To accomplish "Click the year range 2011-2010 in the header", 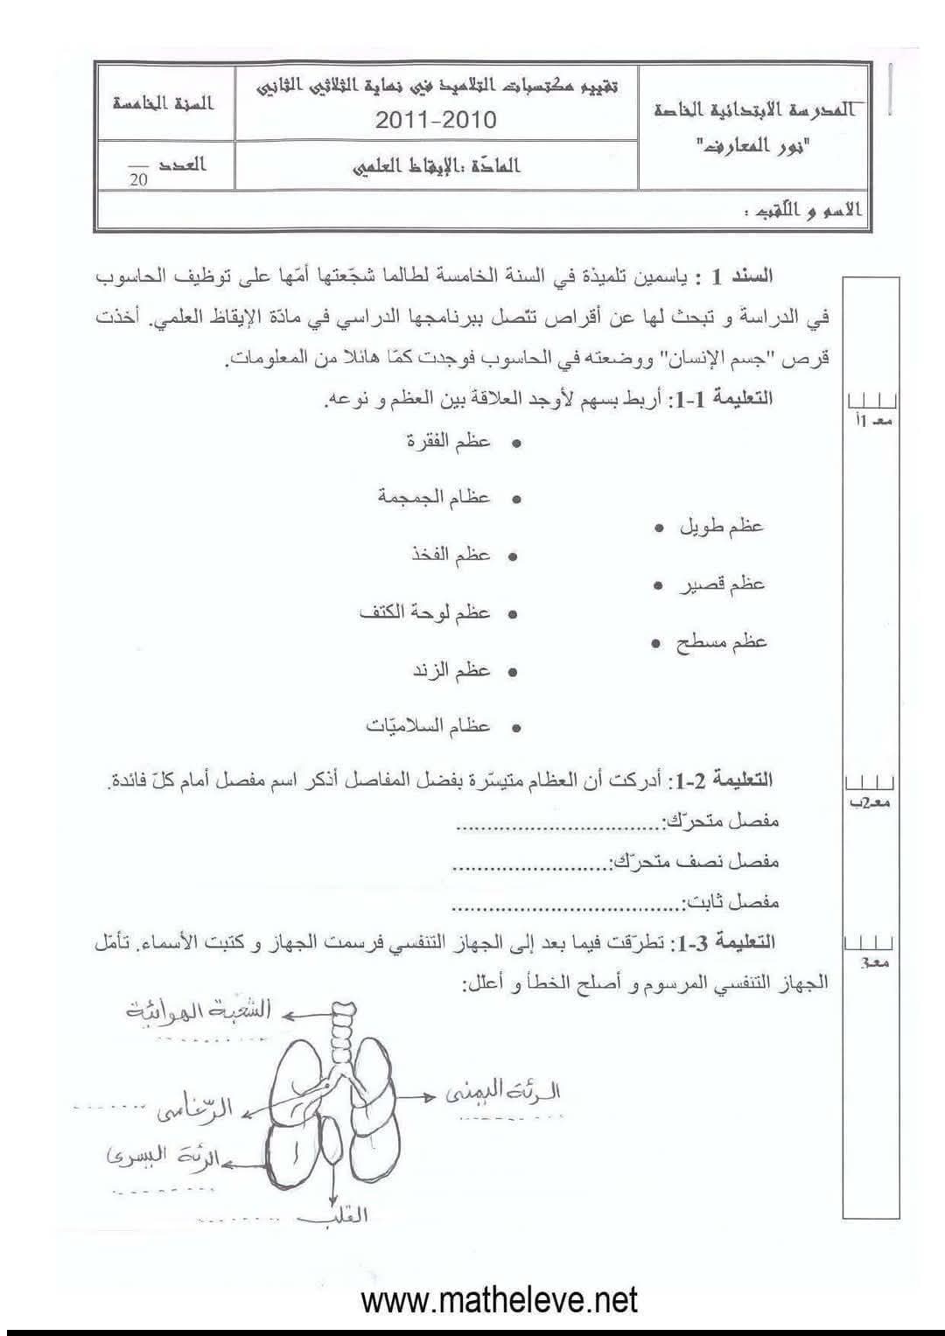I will tap(435, 119).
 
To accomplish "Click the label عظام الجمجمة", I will tap(434, 498).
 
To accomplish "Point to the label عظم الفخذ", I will tap(451, 555).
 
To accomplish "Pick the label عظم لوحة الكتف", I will tap(425, 612).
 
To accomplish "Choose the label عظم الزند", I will tap(451, 670).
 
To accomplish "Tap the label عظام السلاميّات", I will tap(429, 726).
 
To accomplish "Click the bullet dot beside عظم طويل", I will tap(658, 528).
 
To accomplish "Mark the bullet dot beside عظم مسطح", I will tap(655, 643).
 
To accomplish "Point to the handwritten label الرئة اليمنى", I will tap(502, 1092).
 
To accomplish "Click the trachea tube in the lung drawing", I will tap(338, 1037).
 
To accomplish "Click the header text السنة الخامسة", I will tap(164, 103).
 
